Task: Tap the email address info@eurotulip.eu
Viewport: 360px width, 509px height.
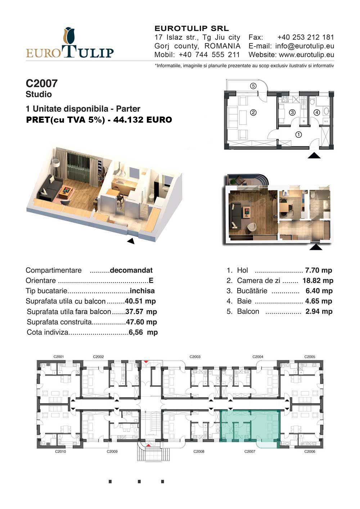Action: pyautogui.click(x=305, y=46)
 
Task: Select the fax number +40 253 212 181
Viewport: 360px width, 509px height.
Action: pyautogui.click(x=306, y=37)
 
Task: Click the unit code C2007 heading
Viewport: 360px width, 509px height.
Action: pyautogui.click(x=42, y=83)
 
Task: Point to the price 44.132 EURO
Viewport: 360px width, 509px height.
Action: pyautogui.click(x=143, y=120)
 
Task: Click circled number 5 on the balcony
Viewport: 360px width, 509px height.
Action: pyautogui.click(x=253, y=86)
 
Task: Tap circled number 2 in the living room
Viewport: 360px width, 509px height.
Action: pyautogui.click(x=253, y=112)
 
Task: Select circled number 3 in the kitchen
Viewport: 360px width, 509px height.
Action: pyautogui.click(x=292, y=112)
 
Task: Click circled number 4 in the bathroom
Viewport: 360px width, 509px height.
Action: pyautogui.click(x=317, y=112)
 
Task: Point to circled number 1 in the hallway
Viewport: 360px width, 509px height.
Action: pyautogui.click(x=298, y=135)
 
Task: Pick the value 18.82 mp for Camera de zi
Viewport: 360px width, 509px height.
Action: pyautogui.click(x=318, y=281)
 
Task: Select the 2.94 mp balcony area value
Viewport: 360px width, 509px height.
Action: pyautogui.click(x=319, y=311)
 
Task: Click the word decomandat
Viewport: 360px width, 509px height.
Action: pyautogui.click(x=131, y=270)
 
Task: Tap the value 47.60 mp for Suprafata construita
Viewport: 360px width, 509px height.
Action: pyautogui.click(x=141, y=322)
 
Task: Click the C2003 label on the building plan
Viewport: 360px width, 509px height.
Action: pyautogui.click(x=195, y=357)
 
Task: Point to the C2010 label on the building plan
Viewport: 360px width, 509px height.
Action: pyautogui.click(x=60, y=451)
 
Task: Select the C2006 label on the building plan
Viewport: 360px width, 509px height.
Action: pyautogui.click(x=310, y=451)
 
